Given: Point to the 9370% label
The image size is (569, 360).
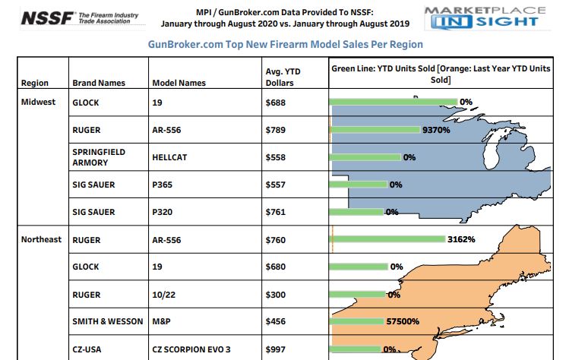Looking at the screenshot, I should pos(437,130).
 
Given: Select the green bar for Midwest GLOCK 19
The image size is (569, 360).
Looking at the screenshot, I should pos(393,102).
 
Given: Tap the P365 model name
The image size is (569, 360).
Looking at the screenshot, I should pos(163,185).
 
